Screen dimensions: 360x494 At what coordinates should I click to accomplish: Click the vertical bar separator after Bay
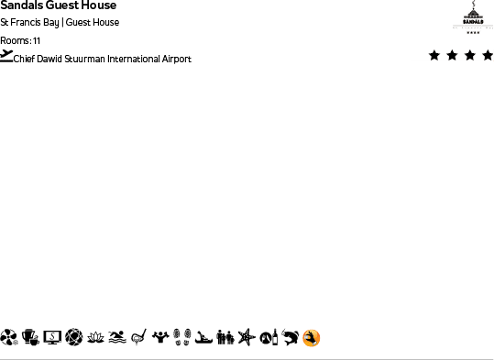[x=62, y=23]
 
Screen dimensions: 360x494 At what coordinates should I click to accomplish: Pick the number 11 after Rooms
[x=37, y=40]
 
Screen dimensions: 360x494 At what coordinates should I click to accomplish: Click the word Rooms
[x=15, y=40]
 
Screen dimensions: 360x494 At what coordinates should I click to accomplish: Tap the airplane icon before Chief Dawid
[x=7, y=57]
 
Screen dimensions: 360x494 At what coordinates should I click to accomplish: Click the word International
[x=137, y=60]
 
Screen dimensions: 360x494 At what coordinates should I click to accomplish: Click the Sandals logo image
[x=473, y=16]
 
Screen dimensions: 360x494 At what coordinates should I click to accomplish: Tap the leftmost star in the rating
[x=434, y=56]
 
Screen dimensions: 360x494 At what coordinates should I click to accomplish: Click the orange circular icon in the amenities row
[x=312, y=338]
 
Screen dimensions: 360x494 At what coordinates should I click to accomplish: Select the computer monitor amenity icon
[x=52, y=338]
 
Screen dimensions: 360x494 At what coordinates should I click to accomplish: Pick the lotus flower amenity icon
[x=95, y=338]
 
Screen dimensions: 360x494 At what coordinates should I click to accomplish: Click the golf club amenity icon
[x=138, y=338]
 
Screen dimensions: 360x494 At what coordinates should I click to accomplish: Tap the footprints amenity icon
[x=181, y=338]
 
